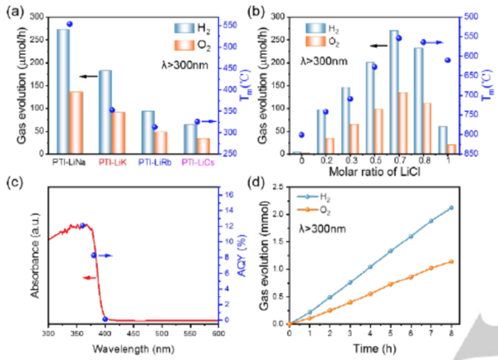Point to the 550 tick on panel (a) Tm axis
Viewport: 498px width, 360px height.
point(237,27)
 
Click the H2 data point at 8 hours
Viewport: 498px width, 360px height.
point(452,207)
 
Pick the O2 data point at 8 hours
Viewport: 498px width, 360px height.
point(452,261)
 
